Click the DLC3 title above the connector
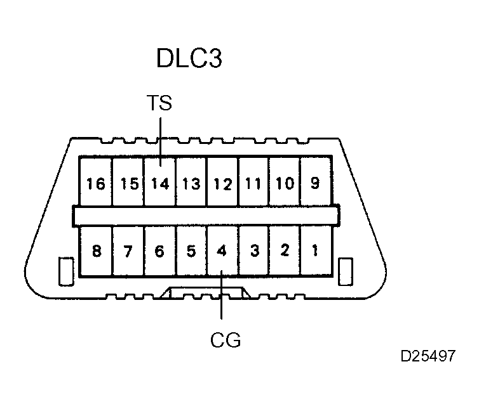pos(189,59)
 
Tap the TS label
pos(159,103)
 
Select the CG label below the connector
pos(226,340)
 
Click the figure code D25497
pos(428,356)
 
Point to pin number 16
pos(96,184)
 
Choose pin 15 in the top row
pos(129,184)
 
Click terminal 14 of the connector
pos(160,184)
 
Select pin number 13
pos(191,184)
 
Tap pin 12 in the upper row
pos(222,184)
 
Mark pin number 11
pos(253,184)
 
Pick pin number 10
pos(285,184)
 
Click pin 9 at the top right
pos(315,184)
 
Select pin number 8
pos(97,251)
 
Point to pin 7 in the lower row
pos(128,251)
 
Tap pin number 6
pos(159,251)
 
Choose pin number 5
pos(191,251)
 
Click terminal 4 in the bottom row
pos(222,251)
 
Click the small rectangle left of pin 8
pos(64,271)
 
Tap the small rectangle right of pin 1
pos(346,271)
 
